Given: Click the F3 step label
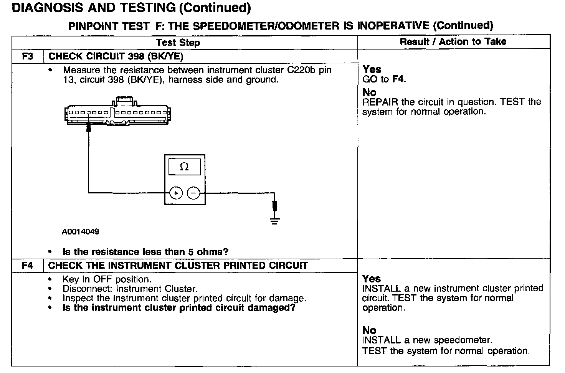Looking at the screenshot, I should [28, 56].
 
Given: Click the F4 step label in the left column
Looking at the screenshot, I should [28, 266].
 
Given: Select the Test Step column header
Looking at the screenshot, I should [178, 42].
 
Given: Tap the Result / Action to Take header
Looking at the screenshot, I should [453, 41].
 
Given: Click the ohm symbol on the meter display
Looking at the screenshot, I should [184, 167].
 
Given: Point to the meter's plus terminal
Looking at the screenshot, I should [176, 193].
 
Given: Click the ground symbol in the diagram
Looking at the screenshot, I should [274, 220].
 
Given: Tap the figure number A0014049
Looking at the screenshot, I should [80, 232].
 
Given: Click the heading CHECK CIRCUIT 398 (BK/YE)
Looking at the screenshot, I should [116, 56].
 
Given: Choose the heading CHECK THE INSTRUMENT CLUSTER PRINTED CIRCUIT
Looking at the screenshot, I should [178, 266].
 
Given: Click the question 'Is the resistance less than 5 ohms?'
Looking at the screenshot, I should [145, 252].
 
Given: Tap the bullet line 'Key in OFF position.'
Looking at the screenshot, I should [107, 279].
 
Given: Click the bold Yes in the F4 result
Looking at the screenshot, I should [372, 279].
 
